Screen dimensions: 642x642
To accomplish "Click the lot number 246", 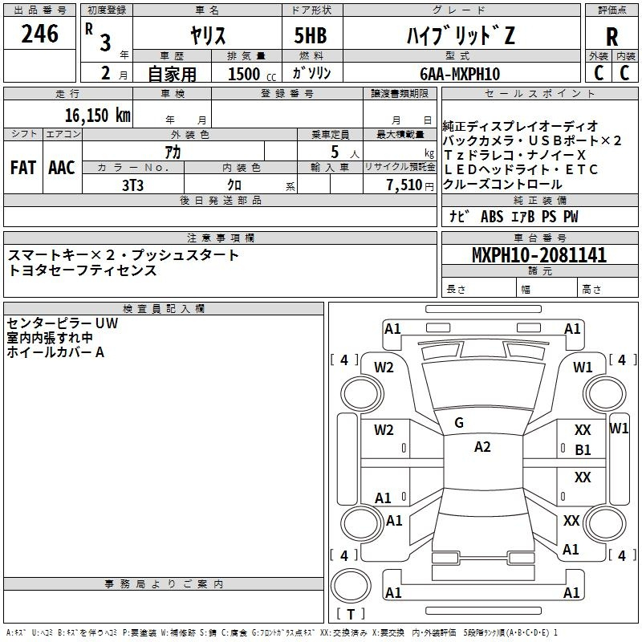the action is [39, 34].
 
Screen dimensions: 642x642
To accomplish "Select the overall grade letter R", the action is [612, 37].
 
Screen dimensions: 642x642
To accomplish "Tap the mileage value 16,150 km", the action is [98, 116].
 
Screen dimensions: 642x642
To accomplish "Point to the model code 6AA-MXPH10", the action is [460, 74].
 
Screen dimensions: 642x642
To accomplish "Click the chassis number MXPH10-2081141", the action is [539, 254].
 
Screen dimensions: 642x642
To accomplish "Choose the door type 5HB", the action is [311, 35].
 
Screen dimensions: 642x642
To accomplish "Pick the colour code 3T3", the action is [132, 185].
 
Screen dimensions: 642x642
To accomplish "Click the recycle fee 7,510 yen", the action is [410, 185].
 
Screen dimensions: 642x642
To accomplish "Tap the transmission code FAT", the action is [23, 168].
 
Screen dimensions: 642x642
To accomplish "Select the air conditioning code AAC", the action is [62, 168].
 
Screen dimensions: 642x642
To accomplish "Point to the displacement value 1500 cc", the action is [252, 74].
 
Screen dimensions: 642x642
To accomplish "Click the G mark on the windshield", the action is [459, 423].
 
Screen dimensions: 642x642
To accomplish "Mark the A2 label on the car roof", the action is [482, 447].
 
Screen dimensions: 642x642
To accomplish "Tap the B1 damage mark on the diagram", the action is [583, 450].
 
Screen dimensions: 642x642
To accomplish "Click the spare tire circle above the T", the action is [351, 586].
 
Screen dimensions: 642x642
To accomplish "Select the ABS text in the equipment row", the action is [492, 217].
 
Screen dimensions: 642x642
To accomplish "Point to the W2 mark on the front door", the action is [384, 430].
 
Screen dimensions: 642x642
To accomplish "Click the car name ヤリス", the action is [208, 35].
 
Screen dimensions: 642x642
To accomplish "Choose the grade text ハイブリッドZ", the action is [461, 35].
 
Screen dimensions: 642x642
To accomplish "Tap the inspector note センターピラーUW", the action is [63, 323].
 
